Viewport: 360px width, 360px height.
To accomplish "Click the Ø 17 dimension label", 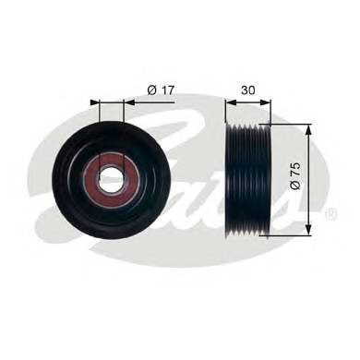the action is [x=161, y=90].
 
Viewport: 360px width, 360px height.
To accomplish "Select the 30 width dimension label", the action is [x=248, y=90].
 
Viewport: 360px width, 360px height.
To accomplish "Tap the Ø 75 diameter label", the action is [x=295, y=176].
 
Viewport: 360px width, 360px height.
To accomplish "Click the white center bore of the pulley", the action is [x=111, y=178].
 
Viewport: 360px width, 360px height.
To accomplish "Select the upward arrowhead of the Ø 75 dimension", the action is [x=308, y=130].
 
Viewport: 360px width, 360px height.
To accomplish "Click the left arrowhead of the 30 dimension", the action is [x=231, y=102].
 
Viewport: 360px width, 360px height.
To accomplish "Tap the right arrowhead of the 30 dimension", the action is [x=266, y=102].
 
